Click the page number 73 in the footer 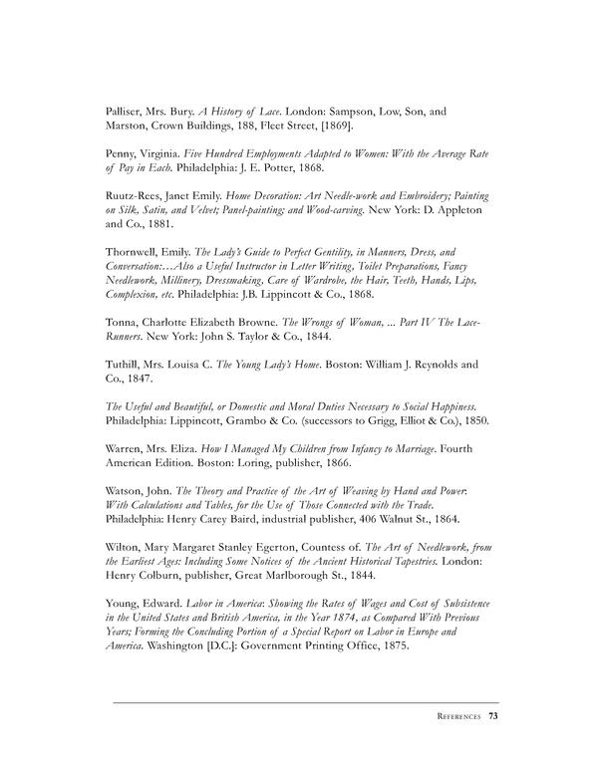tap(493, 714)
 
